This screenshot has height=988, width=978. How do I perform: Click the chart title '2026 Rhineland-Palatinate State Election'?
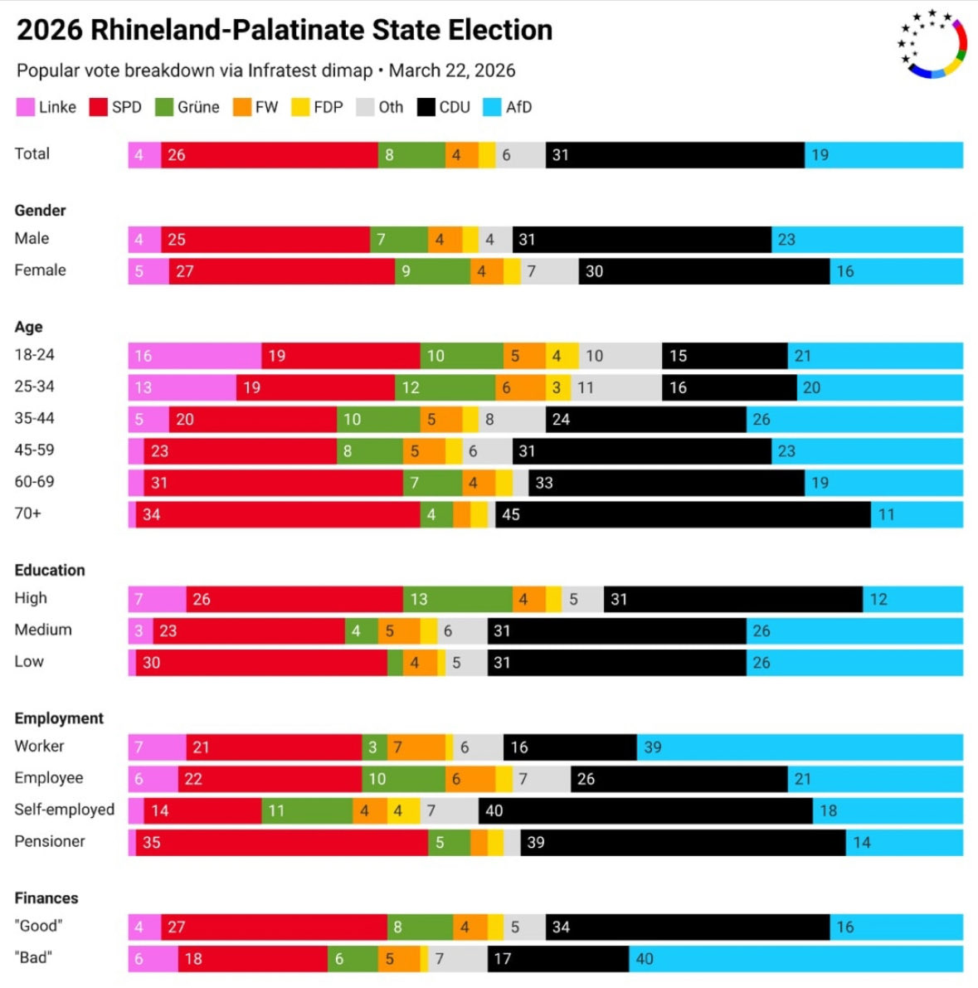click(x=285, y=30)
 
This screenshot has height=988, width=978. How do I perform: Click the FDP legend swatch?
click(x=300, y=107)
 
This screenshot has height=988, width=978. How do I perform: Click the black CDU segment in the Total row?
click(x=674, y=155)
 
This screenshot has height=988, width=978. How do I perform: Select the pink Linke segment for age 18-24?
click(x=194, y=356)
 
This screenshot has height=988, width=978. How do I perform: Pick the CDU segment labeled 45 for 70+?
click(x=683, y=514)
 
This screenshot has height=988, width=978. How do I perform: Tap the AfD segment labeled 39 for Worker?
click(x=800, y=747)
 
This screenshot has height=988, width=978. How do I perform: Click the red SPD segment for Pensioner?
click(x=282, y=843)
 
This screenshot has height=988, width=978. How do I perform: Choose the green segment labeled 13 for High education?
click(x=458, y=599)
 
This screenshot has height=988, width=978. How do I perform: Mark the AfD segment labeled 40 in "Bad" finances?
click(x=796, y=959)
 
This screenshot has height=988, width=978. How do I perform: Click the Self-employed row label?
click(x=64, y=810)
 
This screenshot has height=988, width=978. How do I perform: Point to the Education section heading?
click(x=50, y=570)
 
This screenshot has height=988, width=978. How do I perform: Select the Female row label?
click(x=40, y=270)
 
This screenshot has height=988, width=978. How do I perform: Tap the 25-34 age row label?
click(x=34, y=387)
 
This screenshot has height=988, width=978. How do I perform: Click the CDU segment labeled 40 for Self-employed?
click(x=645, y=811)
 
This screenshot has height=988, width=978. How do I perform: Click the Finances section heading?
click(x=46, y=898)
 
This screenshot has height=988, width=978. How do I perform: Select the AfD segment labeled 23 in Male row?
click(x=867, y=240)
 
